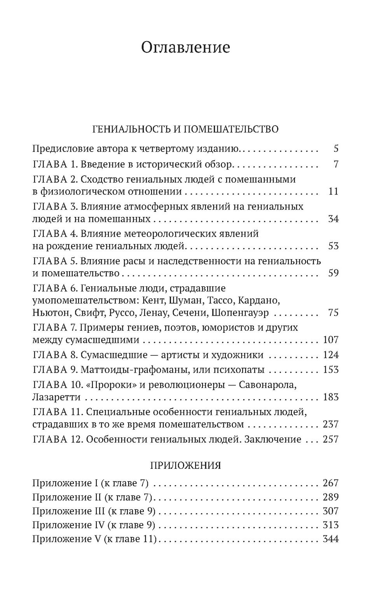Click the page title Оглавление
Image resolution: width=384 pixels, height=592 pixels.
185,47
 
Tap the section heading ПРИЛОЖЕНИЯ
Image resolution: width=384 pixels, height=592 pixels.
185,465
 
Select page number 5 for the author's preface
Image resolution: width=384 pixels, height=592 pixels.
336,148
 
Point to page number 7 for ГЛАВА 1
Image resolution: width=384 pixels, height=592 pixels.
336,164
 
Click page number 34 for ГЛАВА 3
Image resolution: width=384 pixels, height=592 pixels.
333,219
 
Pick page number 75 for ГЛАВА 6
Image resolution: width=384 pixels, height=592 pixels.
333,313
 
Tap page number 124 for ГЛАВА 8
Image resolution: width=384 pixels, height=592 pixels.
331,355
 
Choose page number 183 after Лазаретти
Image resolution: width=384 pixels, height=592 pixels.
331,397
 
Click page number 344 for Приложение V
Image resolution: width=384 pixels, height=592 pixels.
331,539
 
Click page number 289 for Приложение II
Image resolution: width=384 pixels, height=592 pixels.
331,497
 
